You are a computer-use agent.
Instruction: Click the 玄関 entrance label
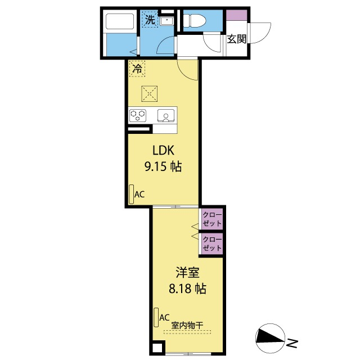pos(237,39)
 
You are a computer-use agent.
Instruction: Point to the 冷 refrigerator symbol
pos(137,69)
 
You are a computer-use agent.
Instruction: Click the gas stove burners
pos(138,115)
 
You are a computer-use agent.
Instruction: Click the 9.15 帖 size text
pos(162,166)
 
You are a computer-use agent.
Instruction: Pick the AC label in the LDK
pos(139,195)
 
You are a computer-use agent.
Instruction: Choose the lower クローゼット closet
pos(212,244)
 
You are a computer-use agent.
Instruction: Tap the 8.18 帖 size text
pos(187,290)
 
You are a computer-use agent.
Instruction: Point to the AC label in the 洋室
pos(164,317)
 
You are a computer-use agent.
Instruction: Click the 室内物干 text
pos(187,325)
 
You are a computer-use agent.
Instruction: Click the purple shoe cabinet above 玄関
pos(237,15)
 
